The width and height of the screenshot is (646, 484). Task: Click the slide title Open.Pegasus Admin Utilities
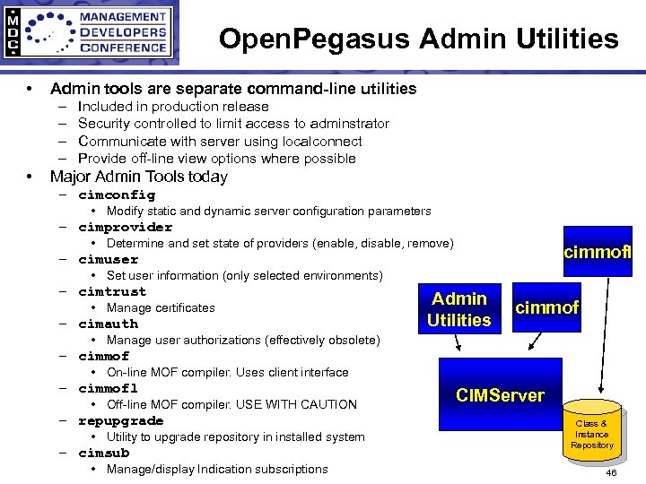418,39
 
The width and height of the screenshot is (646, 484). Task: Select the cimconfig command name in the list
117,194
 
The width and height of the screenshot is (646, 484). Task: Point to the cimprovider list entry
125,227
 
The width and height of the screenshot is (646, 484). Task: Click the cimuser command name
108,259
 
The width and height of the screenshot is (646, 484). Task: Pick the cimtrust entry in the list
112,291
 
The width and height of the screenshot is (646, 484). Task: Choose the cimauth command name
108,324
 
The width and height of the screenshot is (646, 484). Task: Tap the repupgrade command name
120,420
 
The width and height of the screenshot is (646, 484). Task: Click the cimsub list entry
103,453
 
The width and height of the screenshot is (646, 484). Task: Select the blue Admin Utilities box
459,309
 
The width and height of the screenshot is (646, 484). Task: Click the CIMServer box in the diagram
500,395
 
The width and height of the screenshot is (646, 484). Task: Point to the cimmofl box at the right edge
598,252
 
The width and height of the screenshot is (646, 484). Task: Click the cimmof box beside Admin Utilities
546,308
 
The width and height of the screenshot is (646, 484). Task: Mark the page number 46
611,472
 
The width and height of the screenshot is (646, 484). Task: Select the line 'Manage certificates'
161,307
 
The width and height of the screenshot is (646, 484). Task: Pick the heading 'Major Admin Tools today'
139,177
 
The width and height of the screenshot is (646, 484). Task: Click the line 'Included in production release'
173,107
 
